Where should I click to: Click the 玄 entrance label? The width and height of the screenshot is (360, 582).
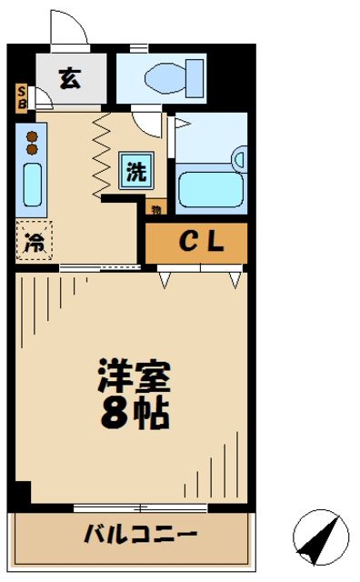point(69,79)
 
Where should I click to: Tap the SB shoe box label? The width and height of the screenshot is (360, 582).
point(22,95)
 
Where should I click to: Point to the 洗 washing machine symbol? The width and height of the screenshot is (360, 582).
point(135,172)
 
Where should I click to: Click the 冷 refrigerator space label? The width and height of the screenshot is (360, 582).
point(34,243)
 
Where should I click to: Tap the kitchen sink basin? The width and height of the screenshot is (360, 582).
point(31,186)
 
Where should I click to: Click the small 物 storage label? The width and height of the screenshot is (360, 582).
point(155,210)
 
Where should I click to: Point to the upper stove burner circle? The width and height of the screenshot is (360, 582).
point(31,136)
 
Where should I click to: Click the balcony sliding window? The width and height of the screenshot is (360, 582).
point(127,507)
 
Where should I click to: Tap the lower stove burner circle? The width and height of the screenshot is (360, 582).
point(31,149)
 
